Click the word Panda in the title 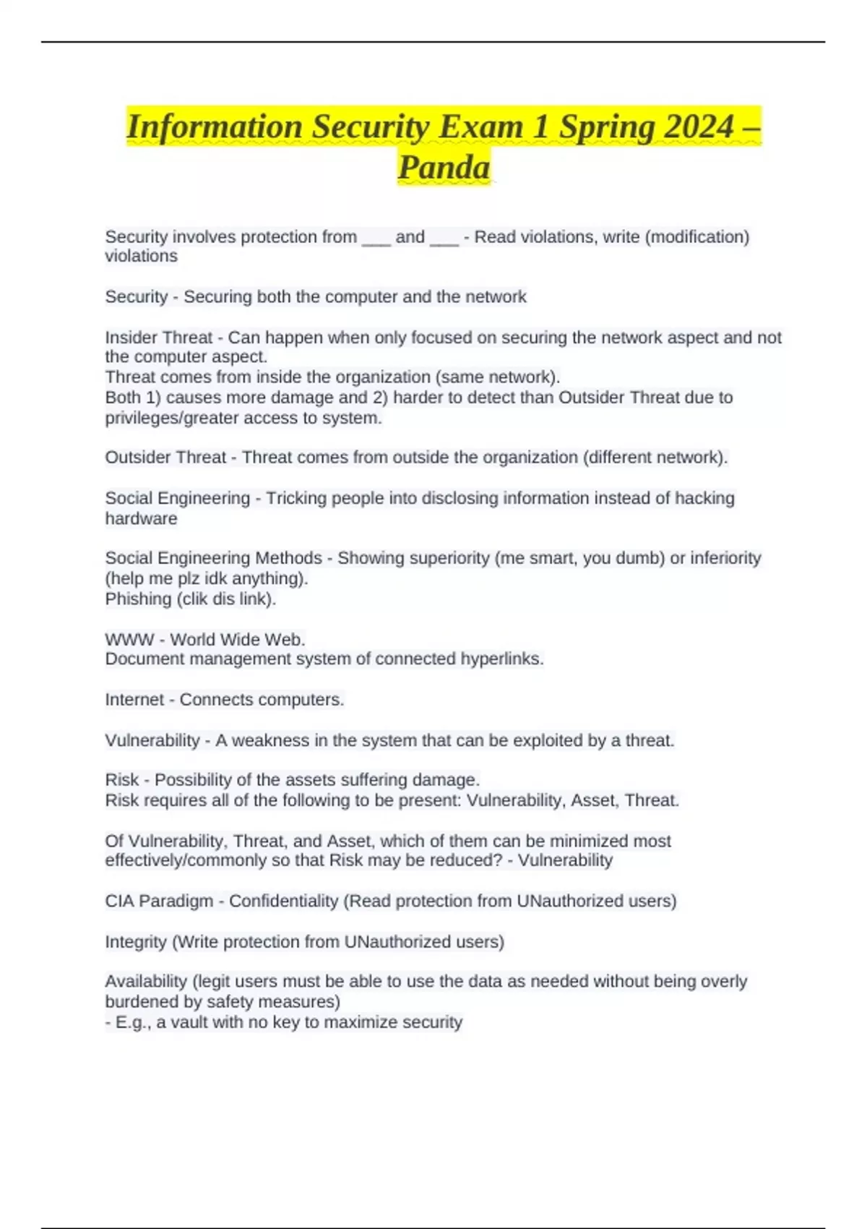tap(444, 168)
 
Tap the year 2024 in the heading tap(698, 127)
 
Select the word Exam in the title tap(480, 127)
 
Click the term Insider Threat tap(158, 338)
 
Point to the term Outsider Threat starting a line tap(165, 458)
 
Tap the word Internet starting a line tap(134, 700)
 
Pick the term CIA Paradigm tap(159, 902)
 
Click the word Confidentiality tap(284, 902)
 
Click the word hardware tap(141, 518)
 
